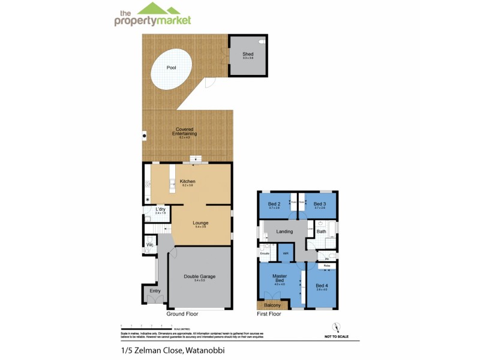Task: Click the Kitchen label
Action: tap(188, 181)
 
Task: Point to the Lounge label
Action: tap(200, 223)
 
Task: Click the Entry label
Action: tap(155, 291)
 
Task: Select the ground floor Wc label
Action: tap(150, 245)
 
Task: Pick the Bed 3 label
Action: tap(319, 204)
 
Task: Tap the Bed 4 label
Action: tap(322, 285)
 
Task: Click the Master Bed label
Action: tap(279, 279)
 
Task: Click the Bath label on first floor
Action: tap(322, 231)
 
